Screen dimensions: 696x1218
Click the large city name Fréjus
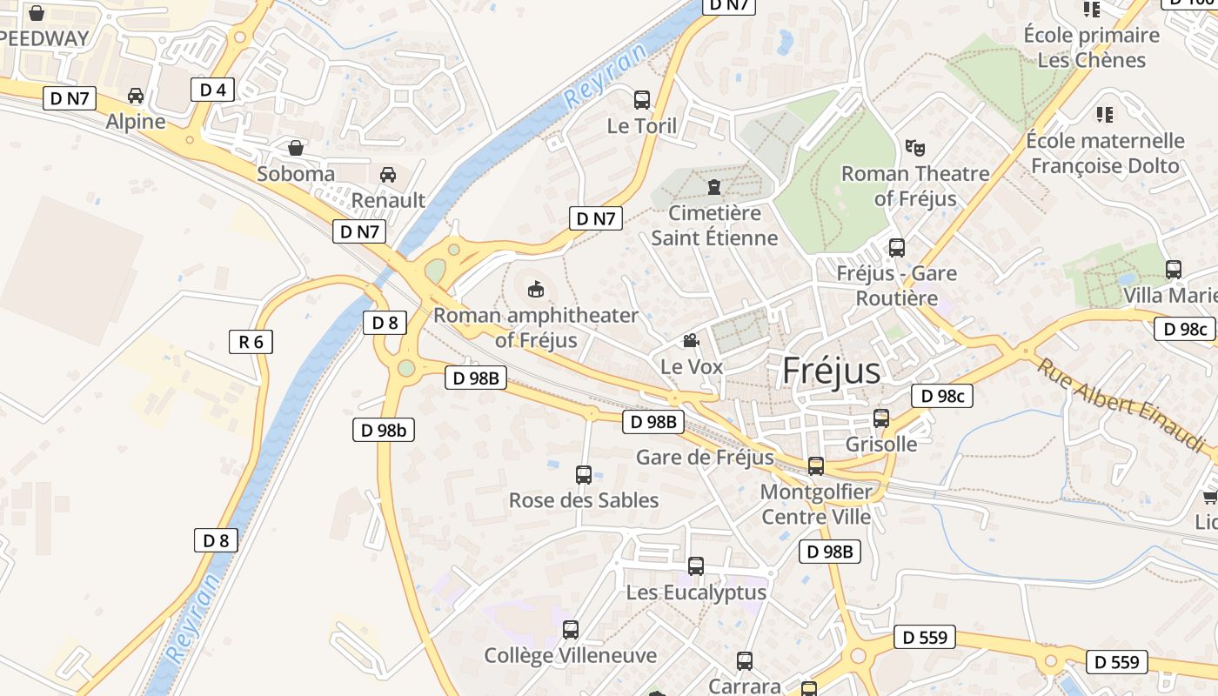click(x=831, y=371)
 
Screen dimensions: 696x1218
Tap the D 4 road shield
click(x=212, y=90)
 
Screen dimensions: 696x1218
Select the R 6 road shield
click(x=251, y=342)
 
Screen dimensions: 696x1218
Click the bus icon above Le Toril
click(x=642, y=100)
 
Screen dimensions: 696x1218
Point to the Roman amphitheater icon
click(x=536, y=288)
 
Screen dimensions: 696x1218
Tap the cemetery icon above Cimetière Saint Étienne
click(x=714, y=187)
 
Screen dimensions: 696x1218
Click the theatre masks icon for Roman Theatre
click(x=913, y=147)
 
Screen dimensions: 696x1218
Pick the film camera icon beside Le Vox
click(x=691, y=340)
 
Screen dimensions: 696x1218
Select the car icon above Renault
click(x=388, y=175)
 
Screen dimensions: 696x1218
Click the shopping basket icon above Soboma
click(x=296, y=148)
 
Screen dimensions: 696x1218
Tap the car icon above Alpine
click(x=136, y=96)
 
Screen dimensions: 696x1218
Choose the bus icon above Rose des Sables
click(x=584, y=475)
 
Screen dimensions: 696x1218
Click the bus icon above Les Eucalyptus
click(x=696, y=566)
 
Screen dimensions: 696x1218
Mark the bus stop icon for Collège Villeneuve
click(x=571, y=630)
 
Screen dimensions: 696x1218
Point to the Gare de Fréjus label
click(x=705, y=458)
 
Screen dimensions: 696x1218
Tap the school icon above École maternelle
click(x=1105, y=115)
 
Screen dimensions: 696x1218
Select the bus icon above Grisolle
click(x=881, y=418)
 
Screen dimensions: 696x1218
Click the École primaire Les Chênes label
click(x=1092, y=48)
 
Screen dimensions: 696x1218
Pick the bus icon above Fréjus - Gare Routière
click(x=897, y=248)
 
